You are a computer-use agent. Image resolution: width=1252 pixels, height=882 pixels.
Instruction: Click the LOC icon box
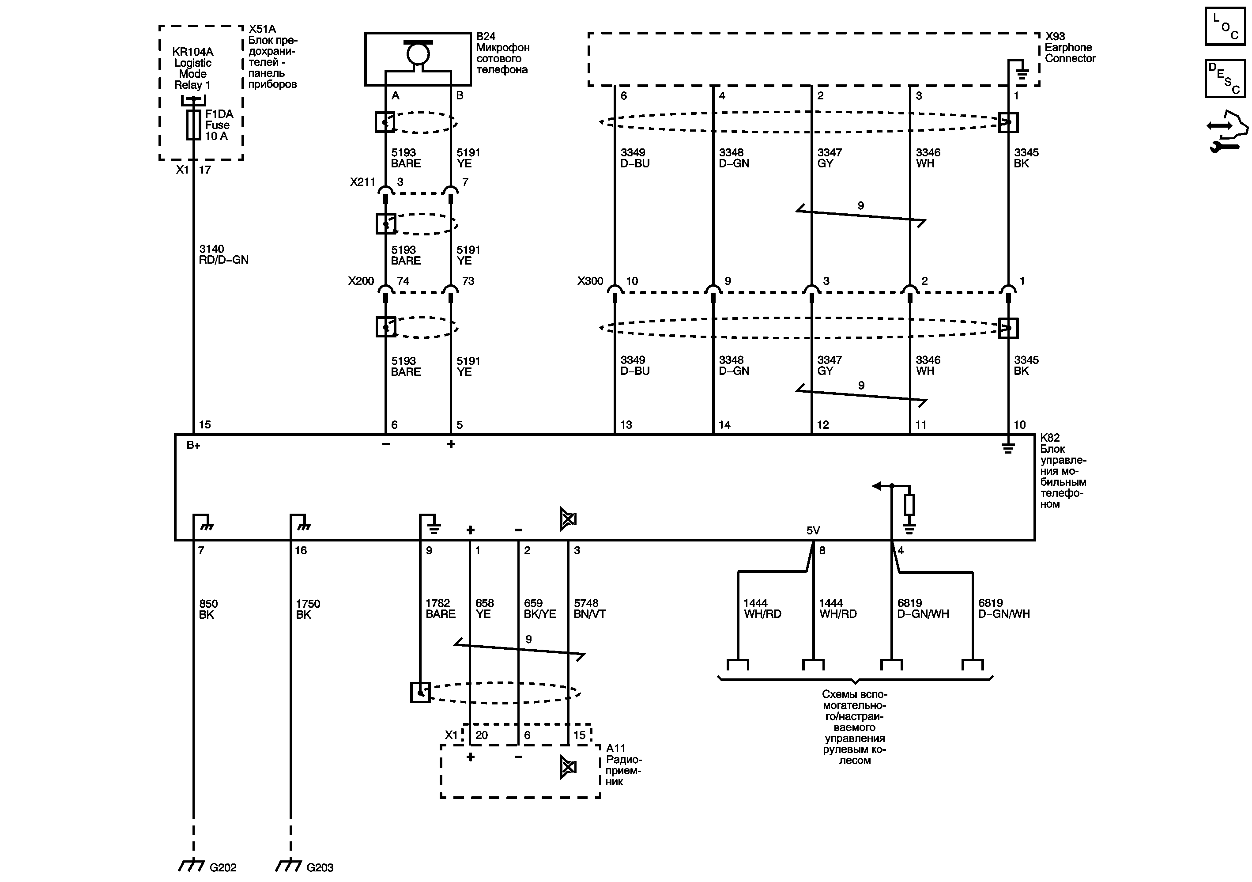[x=1225, y=26]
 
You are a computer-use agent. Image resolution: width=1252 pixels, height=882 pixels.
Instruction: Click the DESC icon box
[x=1225, y=79]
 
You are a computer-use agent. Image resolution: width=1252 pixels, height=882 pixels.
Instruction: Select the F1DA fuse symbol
[x=193, y=125]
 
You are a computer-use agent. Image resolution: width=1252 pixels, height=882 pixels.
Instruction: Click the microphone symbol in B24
[x=418, y=53]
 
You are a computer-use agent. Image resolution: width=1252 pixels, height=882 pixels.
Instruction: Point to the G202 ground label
[x=222, y=867]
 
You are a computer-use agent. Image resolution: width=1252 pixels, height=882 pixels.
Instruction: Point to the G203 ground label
[x=320, y=867]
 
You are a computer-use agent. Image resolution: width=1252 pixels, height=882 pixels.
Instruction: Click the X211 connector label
[x=362, y=182]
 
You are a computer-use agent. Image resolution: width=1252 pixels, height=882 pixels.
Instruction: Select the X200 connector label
[x=361, y=281]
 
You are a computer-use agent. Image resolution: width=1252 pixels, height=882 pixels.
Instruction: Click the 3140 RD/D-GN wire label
[x=223, y=254]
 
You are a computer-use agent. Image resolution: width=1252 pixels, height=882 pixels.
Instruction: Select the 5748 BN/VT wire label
[x=589, y=608]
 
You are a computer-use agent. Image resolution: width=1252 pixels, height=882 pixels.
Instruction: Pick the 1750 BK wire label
[x=308, y=609]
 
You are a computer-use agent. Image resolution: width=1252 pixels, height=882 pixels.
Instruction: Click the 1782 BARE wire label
[x=440, y=608]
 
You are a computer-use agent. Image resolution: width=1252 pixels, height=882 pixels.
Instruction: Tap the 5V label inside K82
[x=813, y=530]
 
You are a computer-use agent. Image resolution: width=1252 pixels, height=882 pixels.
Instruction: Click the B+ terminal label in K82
[x=193, y=445]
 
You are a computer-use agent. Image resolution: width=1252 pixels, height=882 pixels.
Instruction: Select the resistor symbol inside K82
[x=909, y=504]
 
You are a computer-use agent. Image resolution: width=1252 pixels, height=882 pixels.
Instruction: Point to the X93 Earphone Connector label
[x=1070, y=47]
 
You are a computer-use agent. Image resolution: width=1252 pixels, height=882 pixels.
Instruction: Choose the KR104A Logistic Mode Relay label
[x=192, y=68]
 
